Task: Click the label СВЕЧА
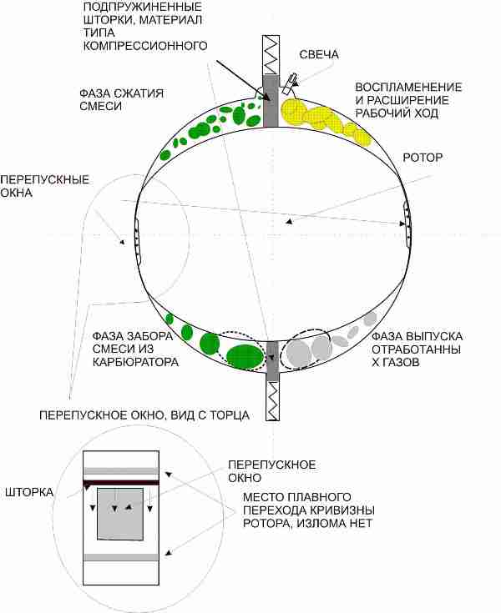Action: pyautogui.click(x=319, y=54)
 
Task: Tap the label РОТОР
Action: pyautogui.click(x=423, y=158)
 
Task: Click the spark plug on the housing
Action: pyautogui.click(x=289, y=84)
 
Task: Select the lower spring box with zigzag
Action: pyautogui.click(x=272, y=401)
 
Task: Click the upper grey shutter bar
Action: pyautogui.click(x=271, y=101)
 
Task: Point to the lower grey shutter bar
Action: pyautogui.click(x=272, y=361)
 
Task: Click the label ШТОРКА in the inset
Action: pyautogui.click(x=29, y=492)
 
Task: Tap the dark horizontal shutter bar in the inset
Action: pyautogui.click(x=121, y=482)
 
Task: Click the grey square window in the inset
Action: pyautogui.click(x=120, y=514)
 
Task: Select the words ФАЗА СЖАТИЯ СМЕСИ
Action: pyautogui.click(x=121, y=100)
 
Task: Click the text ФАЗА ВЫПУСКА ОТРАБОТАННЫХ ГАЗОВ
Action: pyautogui.click(x=417, y=349)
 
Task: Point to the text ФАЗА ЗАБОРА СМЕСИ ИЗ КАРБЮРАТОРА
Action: pyautogui.click(x=135, y=349)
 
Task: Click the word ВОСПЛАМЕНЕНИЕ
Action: pyautogui.click(x=408, y=87)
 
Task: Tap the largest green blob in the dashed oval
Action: pyautogui.click(x=245, y=357)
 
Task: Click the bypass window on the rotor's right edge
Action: pyautogui.click(x=407, y=224)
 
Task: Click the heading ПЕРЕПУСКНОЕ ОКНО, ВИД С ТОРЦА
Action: pyautogui.click(x=144, y=415)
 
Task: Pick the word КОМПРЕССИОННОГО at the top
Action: pyautogui.click(x=145, y=45)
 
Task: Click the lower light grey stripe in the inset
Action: pyautogui.click(x=121, y=557)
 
